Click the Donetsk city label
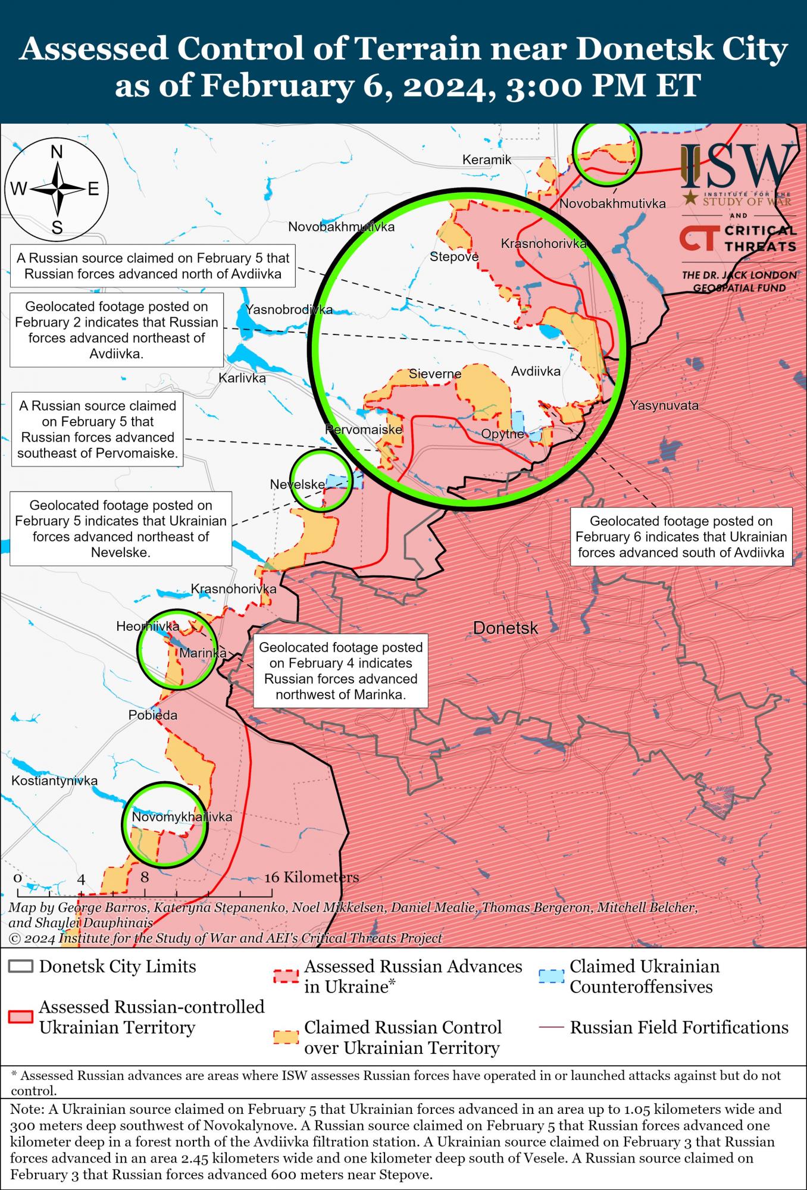coord(505,628)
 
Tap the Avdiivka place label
coord(536,371)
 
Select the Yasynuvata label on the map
coord(664,406)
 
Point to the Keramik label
coord(487,159)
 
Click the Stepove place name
coord(454,258)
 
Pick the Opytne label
coord(502,434)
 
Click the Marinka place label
coord(202,653)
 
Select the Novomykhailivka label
coord(182,818)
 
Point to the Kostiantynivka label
coord(54,781)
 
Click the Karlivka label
coord(242,378)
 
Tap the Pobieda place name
coord(153,715)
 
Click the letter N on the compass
coord(57,153)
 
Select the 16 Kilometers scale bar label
coord(312,878)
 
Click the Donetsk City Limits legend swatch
coord(20,966)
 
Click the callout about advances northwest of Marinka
coord(340,671)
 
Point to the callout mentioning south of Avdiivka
coord(681,537)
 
